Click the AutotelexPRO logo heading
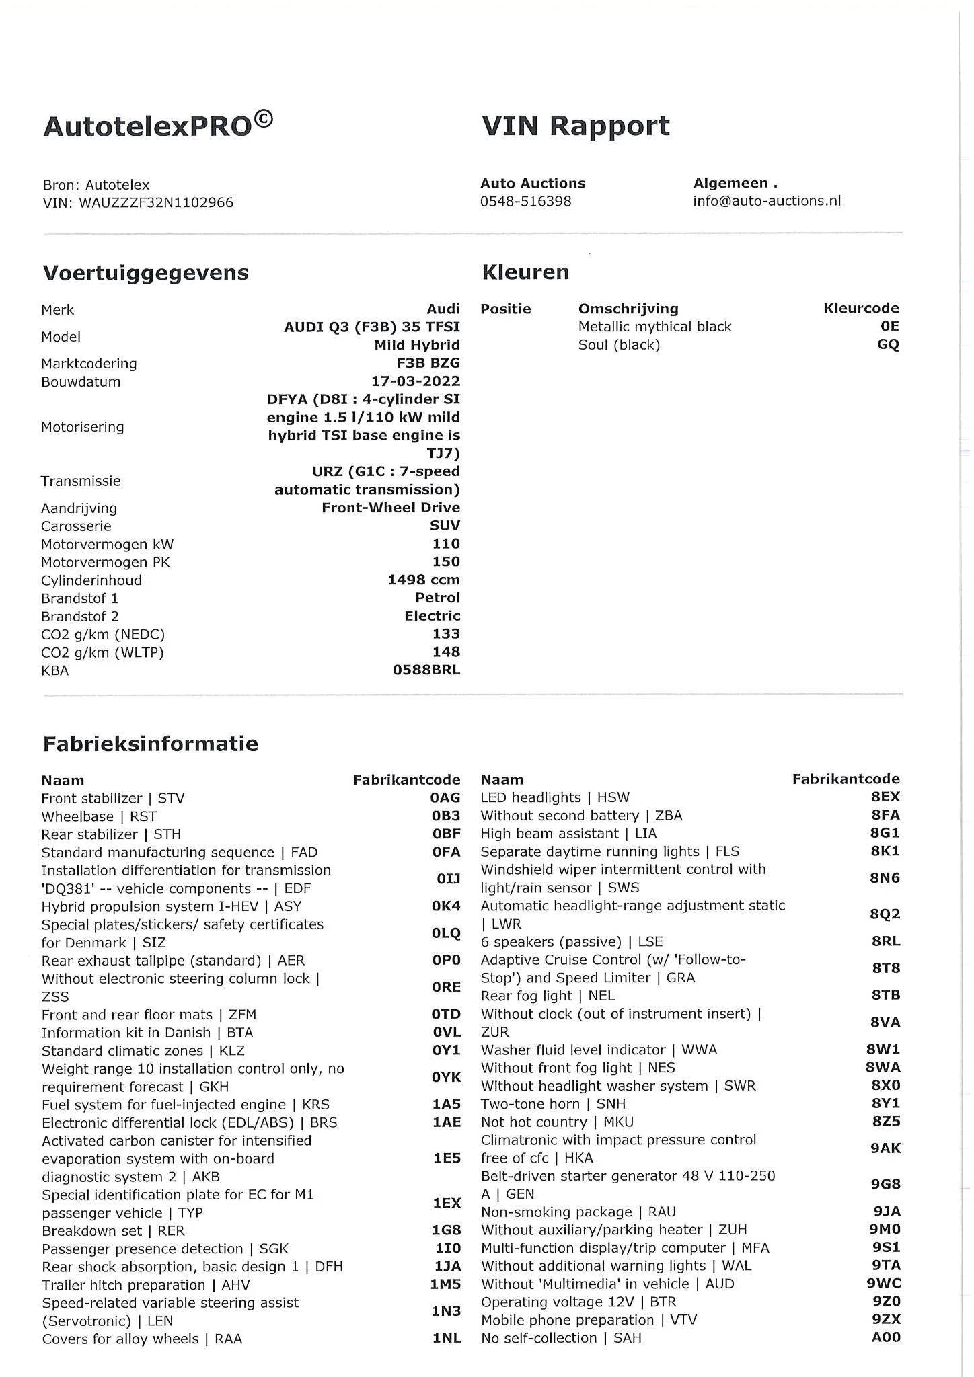(158, 125)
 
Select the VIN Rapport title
(576, 126)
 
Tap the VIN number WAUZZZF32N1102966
(156, 202)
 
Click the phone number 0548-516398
(525, 201)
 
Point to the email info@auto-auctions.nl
(767, 201)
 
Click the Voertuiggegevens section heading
(146, 273)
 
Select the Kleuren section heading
(525, 272)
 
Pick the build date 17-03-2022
(416, 381)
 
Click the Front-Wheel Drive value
(391, 508)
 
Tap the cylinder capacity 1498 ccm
(424, 580)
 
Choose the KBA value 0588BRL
(426, 670)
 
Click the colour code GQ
(888, 344)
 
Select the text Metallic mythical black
(654, 327)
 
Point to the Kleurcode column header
(861, 309)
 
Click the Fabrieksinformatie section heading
(151, 744)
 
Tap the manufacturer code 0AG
(446, 798)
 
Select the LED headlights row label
(555, 797)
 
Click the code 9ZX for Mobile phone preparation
(887, 1319)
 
